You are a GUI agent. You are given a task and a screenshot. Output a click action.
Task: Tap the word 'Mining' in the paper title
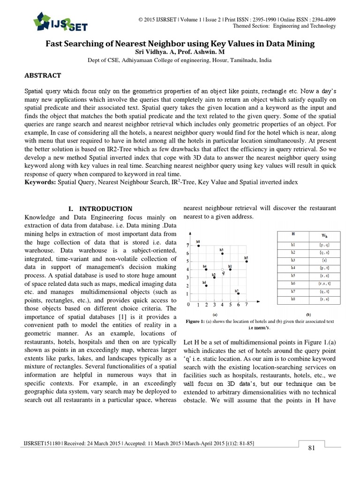(x=301, y=44)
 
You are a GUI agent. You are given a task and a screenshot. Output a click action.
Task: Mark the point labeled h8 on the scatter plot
(x=199, y=246)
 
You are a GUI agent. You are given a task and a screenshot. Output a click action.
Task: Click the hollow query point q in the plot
(x=223, y=270)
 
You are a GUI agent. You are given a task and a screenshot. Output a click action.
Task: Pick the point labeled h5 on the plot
(x=247, y=262)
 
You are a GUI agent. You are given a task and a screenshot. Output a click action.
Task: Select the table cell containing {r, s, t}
(x=324, y=283)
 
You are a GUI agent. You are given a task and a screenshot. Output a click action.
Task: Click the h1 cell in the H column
(x=293, y=245)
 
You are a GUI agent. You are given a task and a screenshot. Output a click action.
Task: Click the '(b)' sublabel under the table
(x=308, y=315)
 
